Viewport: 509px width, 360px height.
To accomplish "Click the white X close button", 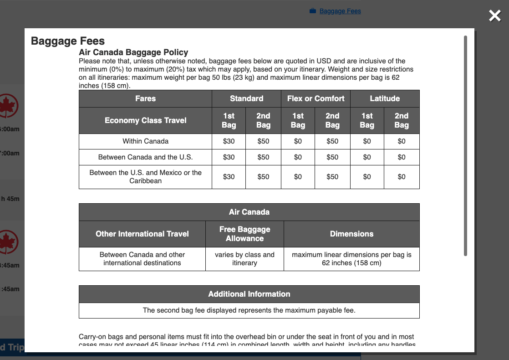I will [x=494, y=16].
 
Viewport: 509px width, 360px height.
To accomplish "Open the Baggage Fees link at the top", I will [x=340, y=11].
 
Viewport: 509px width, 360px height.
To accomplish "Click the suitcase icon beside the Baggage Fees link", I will [x=313, y=11].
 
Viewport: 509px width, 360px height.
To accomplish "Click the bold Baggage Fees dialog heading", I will [x=68, y=41].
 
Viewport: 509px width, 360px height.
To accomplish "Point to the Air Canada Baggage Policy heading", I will [x=133, y=52].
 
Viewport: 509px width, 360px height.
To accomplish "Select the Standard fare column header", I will [x=246, y=98].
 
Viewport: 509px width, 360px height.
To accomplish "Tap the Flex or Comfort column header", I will [x=316, y=98].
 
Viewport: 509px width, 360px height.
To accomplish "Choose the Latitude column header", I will [x=384, y=98].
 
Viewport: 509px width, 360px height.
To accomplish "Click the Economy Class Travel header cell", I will [x=145, y=120].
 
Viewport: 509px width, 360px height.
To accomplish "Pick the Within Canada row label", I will [x=145, y=141].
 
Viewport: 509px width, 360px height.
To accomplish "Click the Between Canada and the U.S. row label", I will [x=145, y=157].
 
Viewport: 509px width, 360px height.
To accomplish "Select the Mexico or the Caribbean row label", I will [x=145, y=177].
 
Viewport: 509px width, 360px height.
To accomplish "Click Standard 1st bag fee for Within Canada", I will [x=229, y=141].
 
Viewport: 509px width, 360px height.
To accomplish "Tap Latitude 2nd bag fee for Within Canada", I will [x=401, y=141].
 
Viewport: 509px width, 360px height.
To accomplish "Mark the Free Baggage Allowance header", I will [x=244, y=234].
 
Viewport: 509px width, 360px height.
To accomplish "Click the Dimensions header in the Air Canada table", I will [x=351, y=234].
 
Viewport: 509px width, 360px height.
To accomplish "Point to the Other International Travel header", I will [x=142, y=234].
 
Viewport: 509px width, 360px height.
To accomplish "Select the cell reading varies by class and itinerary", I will [x=244, y=259].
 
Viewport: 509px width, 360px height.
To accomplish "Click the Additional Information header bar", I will [x=249, y=294].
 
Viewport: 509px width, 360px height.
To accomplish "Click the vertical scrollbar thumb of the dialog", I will [x=465, y=146].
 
